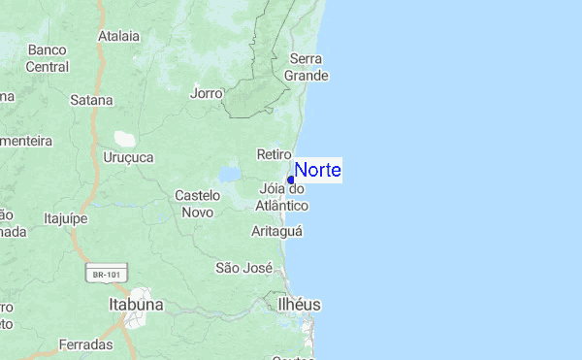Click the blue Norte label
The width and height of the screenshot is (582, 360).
point(317,170)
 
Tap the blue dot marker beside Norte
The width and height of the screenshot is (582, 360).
point(291,180)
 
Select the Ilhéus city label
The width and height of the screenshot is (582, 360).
point(299,305)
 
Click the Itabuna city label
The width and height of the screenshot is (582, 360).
point(136,305)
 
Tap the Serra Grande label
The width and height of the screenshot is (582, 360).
point(307,66)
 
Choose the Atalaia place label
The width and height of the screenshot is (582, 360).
point(119,36)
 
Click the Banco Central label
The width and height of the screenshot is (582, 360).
point(48,58)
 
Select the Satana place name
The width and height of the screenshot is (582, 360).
point(92,99)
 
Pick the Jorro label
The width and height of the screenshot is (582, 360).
point(207,93)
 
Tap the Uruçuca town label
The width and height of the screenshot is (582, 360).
point(128,156)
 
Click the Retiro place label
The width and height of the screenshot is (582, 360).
point(275,154)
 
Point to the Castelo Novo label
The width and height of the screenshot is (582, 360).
point(198,203)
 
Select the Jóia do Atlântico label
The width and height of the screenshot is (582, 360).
point(282,197)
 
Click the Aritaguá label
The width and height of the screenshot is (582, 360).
point(277,231)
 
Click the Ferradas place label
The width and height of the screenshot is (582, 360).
point(86,344)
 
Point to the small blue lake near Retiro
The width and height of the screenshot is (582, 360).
point(230,175)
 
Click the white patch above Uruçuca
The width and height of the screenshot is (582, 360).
point(125,139)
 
